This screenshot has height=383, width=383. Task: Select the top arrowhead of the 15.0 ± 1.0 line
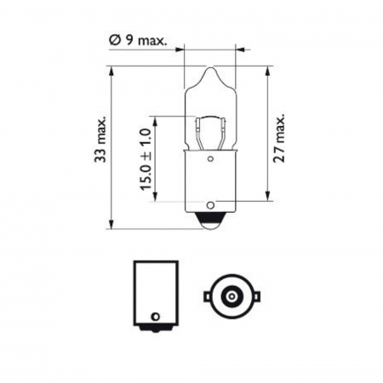click(153, 117)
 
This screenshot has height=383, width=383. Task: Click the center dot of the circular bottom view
click(230, 296)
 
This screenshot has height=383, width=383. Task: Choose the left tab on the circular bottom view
click(207, 296)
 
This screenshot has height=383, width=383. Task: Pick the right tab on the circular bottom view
click(253, 296)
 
